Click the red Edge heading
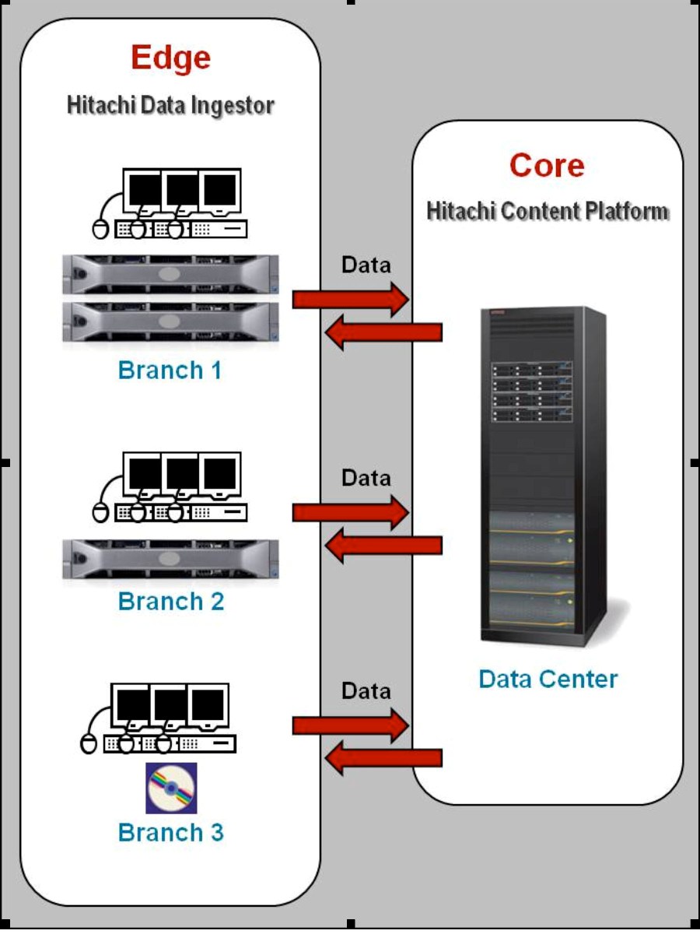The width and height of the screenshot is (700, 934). click(x=170, y=58)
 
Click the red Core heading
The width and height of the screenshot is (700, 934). click(x=547, y=166)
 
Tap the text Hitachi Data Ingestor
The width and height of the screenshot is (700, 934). click(x=170, y=105)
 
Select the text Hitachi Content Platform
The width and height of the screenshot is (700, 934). click(x=548, y=211)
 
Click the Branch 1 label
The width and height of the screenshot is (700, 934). click(x=170, y=370)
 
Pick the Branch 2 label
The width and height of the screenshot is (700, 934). click(x=170, y=601)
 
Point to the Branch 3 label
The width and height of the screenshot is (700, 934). click(x=170, y=832)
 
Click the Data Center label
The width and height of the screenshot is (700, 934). click(x=548, y=679)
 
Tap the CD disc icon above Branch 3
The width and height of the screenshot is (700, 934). click(x=171, y=788)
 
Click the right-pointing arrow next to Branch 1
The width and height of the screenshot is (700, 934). click(x=351, y=299)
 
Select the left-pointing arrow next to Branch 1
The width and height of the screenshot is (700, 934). click(x=383, y=332)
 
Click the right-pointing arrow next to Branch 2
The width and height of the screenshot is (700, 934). click(x=351, y=512)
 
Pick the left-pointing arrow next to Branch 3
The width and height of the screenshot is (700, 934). click(x=383, y=758)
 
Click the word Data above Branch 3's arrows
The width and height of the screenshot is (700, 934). click(x=366, y=691)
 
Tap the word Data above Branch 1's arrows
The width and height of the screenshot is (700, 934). click(x=366, y=265)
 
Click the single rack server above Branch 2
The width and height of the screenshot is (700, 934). click(x=170, y=558)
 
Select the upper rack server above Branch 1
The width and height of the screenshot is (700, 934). click(x=170, y=275)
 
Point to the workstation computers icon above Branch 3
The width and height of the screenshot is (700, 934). click(x=159, y=718)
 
